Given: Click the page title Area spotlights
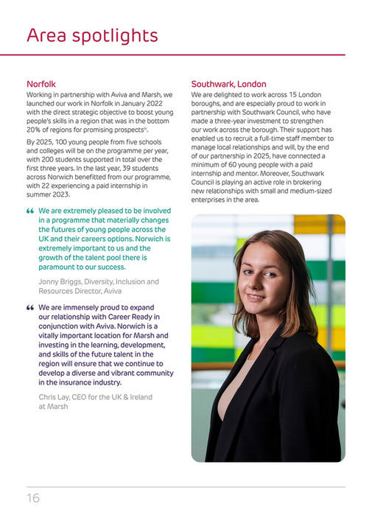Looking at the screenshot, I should tap(92, 35).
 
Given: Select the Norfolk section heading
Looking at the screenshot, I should tap(41, 84).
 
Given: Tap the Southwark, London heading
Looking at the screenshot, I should tap(228, 84).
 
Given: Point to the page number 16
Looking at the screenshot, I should tap(33, 498).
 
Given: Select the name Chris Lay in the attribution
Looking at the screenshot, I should tap(56, 397).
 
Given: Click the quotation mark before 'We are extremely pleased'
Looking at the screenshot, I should tap(30, 211).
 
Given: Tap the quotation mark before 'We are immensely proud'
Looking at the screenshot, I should tap(30, 308).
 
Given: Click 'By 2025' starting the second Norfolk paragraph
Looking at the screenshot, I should tap(41, 141).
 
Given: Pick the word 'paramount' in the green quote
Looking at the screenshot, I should tap(60, 267).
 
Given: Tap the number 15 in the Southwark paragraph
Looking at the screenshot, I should tap(275, 95).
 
